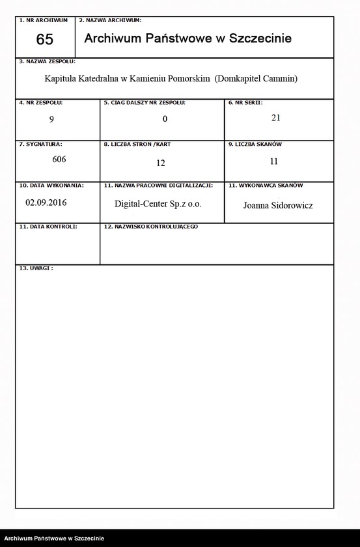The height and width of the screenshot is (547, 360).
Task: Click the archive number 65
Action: pyautogui.click(x=44, y=39)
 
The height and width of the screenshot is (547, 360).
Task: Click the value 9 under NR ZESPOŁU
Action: pyautogui.click(x=51, y=119)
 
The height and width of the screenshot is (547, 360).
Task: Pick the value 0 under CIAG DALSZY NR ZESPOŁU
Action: pyautogui.click(x=165, y=119)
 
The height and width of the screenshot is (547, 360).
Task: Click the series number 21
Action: pyautogui.click(x=275, y=118)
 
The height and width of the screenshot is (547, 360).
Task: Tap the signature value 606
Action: pyautogui.click(x=59, y=159)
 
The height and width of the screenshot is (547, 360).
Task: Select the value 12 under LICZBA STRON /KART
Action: pyautogui.click(x=161, y=163)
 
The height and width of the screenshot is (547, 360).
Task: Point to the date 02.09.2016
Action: pyautogui.click(x=46, y=203)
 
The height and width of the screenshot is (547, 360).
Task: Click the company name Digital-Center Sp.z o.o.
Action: pyautogui.click(x=158, y=204)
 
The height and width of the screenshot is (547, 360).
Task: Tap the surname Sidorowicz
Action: pyautogui.click(x=289, y=205)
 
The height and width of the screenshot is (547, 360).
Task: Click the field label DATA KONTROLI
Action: pyautogui.click(x=48, y=226)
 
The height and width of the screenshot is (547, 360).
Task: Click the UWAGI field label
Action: pyautogui.click(x=36, y=268)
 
